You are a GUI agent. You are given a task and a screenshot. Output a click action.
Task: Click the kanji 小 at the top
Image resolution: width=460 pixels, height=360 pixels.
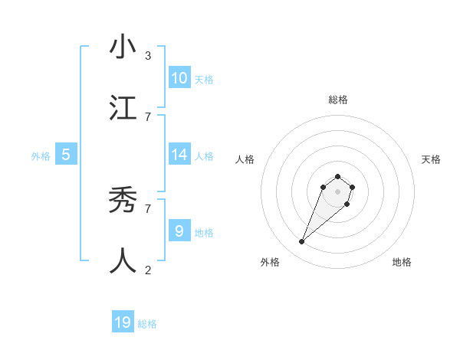(x=123, y=47)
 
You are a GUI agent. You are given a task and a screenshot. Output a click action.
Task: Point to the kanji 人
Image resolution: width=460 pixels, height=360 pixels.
(x=123, y=260)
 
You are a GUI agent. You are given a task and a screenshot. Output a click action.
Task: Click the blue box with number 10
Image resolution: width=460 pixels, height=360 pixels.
(x=179, y=77)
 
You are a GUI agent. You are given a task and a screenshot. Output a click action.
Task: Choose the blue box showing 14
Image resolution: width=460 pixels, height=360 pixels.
(x=179, y=155)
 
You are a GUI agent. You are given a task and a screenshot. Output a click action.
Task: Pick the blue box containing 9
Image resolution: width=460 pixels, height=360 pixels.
(x=179, y=231)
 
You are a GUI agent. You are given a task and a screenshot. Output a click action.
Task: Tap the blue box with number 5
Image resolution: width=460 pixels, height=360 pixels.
(x=66, y=155)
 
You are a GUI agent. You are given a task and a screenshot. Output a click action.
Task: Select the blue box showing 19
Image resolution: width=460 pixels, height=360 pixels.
(x=123, y=322)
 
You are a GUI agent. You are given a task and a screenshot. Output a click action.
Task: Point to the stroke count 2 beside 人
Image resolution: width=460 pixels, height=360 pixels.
(x=148, y=270)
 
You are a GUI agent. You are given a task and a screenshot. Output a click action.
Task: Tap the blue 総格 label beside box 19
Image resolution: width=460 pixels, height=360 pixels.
(x=147, y=324)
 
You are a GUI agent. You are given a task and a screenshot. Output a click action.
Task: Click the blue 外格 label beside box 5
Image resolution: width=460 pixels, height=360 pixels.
(x=41, y=156)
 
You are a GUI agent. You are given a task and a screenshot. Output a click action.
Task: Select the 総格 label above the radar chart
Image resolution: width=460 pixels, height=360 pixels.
(x=337, y=100)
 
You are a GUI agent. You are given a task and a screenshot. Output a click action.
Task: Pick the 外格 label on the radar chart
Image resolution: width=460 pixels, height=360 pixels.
(x=270, y=262)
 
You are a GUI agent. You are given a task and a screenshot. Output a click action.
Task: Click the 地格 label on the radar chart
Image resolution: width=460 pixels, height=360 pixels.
(x=402, y=262)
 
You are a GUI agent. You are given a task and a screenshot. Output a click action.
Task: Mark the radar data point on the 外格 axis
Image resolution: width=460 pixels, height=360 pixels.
(x=302, y=242)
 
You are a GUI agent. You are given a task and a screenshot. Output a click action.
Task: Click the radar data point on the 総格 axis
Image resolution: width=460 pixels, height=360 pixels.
(x=337, y=177)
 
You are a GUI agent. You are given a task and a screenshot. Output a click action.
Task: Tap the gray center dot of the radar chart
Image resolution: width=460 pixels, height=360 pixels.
(x=337, y=191)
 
